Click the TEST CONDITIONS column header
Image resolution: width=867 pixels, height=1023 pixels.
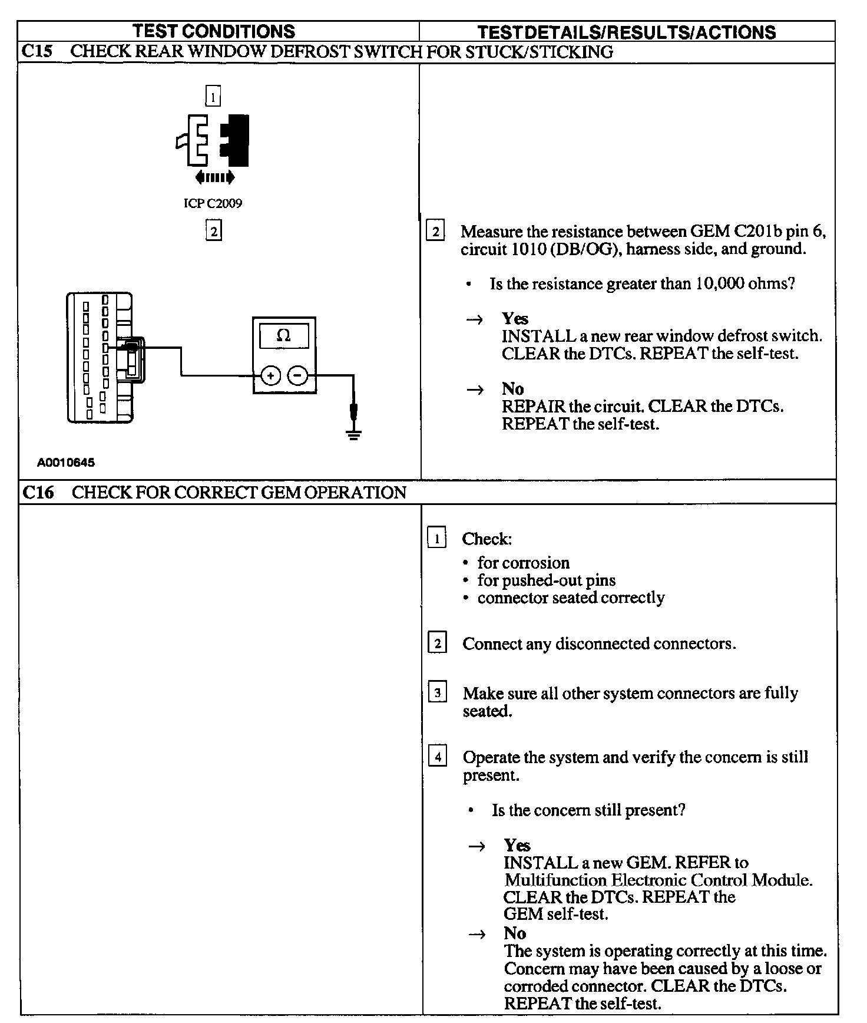tap(213, 31)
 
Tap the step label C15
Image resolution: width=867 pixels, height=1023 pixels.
tap(37, 52)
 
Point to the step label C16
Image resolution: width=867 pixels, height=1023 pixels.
tap(38, 492)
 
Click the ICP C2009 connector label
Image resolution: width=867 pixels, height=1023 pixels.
tap(213, 203)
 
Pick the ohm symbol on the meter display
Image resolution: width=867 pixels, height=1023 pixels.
tap(283, 336)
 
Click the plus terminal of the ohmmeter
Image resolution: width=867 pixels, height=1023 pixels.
tap(270, 375)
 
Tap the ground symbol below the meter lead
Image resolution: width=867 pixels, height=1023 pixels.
tap(353, 435)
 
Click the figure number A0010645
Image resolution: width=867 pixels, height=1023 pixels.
tap(65, 463)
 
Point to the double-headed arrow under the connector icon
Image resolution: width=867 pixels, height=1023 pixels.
tap(214, 177)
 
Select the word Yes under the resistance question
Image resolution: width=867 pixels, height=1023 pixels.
tap(515, 319)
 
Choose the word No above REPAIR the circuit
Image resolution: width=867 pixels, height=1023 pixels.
tap(512, 389)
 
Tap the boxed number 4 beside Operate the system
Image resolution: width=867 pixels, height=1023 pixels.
tap(437, 755)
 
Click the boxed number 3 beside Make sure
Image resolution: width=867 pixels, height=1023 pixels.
tap(437, 692)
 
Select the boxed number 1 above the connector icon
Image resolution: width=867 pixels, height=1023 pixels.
tap(213, 96)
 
